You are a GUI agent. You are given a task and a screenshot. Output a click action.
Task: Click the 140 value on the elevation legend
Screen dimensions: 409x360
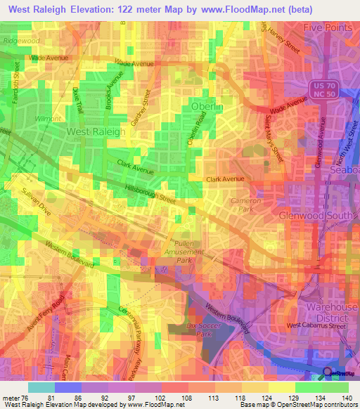(346, 397)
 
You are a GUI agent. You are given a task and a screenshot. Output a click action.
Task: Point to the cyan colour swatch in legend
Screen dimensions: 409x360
(41, 387)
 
